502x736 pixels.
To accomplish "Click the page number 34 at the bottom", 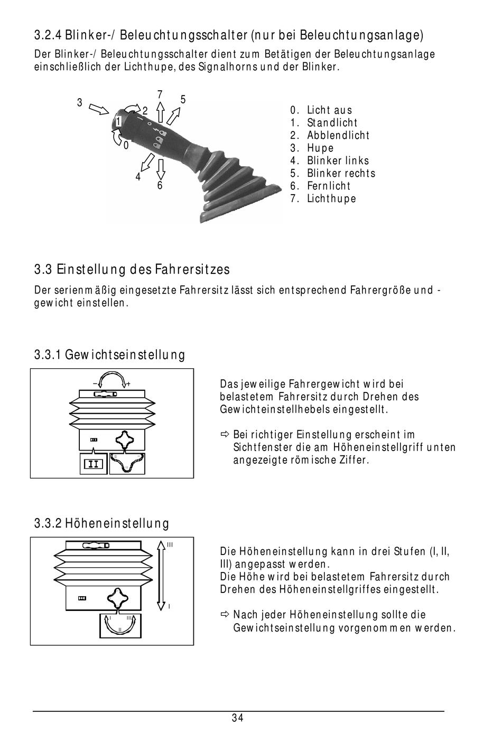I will click(x=237, y=718).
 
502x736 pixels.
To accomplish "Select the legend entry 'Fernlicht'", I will click(x=328, y=186).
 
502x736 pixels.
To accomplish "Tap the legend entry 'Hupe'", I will click(x=320, y=148).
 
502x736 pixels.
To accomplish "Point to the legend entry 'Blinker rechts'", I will click(x=341, y=174).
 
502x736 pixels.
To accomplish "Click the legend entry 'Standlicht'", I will click(x=332, y=123).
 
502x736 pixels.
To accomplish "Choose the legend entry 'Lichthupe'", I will click(x=331, y=199).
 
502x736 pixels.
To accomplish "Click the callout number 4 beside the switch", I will click(x=138, y=177).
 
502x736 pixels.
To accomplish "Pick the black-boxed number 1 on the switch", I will click(x=118, y=122).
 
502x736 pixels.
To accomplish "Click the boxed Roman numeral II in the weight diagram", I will click(x=94, y=464).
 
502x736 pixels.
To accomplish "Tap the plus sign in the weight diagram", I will click(x=128, y=384).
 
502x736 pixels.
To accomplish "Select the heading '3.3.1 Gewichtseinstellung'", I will click(x=110, y=355).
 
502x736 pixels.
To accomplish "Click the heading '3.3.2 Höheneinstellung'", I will click(x=102, y=523).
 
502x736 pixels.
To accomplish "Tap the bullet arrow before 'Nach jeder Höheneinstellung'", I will click(x=224, y=615).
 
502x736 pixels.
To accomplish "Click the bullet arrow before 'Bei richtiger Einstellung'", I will click(x=224, y=435).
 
